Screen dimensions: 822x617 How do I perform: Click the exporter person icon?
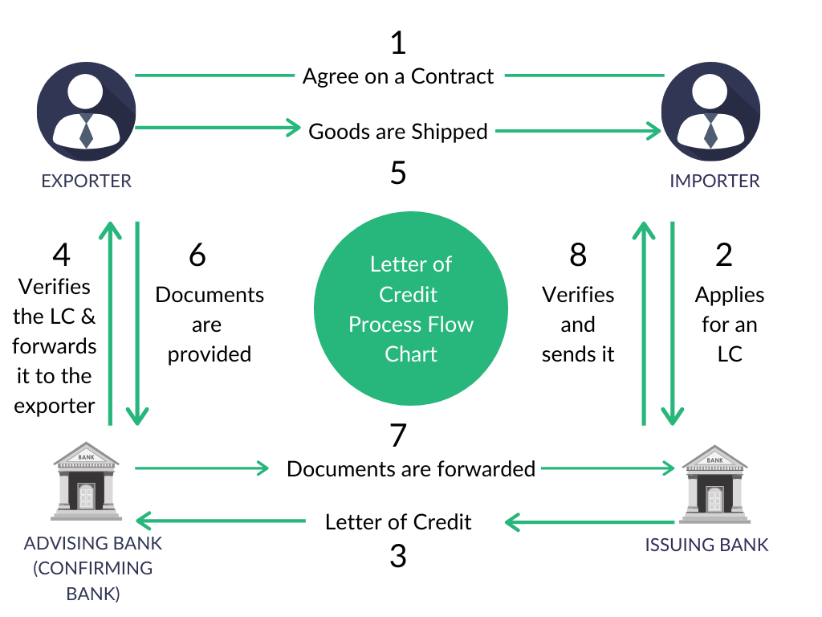[x=87, y=111]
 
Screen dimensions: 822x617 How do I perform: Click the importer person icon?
[x=711, y=111]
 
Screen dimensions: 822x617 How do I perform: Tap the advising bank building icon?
[x=87, y=481]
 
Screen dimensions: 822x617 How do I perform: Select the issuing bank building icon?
[x=715, y=484]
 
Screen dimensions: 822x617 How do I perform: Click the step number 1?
[x=398, y=43]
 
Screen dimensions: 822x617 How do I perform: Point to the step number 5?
[x=398, y=172]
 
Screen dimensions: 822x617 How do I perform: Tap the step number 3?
[x=398, y=556]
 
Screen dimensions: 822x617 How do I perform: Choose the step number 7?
[x=398, y=435]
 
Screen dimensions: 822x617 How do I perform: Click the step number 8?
[x=578, y=255]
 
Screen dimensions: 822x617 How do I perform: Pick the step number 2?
[x=724, y=255]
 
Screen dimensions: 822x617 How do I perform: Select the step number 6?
[x=197, y=255]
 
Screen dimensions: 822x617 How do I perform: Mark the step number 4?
[x=61, y=255]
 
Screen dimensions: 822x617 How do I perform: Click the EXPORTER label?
[x=87, y=181]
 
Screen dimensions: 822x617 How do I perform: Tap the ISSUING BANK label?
[x=706, y=545]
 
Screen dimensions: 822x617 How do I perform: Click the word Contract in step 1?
[x=452, y=76]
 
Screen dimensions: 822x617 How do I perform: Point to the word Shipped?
[x=450, y=133]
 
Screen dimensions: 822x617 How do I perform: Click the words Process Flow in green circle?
[x=411, y=325]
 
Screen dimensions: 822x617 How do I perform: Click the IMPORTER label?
[x=714, y=181]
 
